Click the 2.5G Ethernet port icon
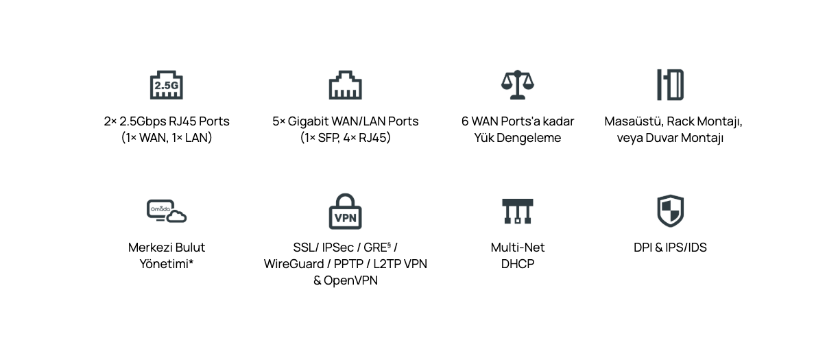[166, 84]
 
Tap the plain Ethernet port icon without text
[345, 84]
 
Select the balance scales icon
[518, 84]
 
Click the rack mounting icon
[670, 84]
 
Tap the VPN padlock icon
[345, 211]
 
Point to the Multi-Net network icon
[518, 211]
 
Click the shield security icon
[670, 211]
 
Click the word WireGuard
[293, 264]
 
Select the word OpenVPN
[350, 280]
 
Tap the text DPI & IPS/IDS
[670, 248]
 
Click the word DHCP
[518, 264]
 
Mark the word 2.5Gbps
[143, 121]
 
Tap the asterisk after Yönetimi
[191, 262]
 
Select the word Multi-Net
[518, 248]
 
